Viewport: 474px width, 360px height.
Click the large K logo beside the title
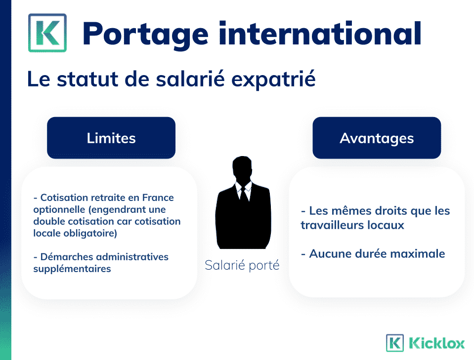click(47, 33)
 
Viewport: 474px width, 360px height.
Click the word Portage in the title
click(145, 35)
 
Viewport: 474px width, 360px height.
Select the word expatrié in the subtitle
click(273, 80)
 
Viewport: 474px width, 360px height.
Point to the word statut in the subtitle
click(87, 79)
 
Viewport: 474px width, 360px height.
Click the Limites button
click(111, 138)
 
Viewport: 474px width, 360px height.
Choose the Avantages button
click(377, 138)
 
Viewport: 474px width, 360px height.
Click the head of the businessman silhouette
click(242, 168)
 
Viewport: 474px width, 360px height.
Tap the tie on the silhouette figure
click(243, 194)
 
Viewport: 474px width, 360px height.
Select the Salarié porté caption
click(242, 266)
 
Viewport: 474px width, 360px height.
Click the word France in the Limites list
click(158, 198)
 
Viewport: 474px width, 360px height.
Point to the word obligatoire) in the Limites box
click(90, 234)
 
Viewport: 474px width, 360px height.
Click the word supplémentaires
click(72, 269)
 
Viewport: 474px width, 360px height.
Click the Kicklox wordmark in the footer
click(436, 343)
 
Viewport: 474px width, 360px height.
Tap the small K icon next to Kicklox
click(395, 343)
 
